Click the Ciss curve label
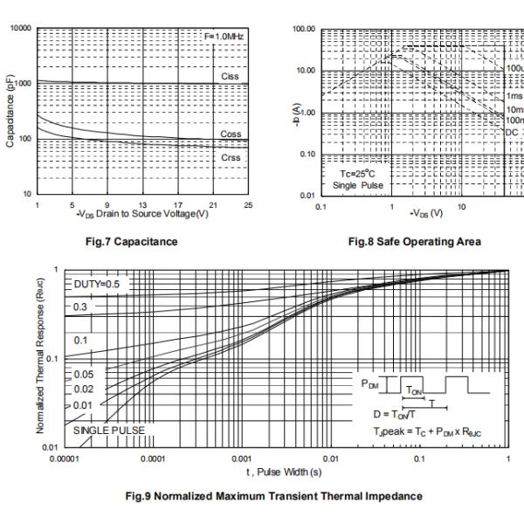230,76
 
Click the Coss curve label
231,134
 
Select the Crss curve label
231,157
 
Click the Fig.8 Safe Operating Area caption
414,241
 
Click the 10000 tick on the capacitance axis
18,29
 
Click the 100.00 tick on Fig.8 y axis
303,30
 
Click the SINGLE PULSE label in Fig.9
108,430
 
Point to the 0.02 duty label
84,389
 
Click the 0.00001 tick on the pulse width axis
65,458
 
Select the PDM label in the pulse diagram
370,383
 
